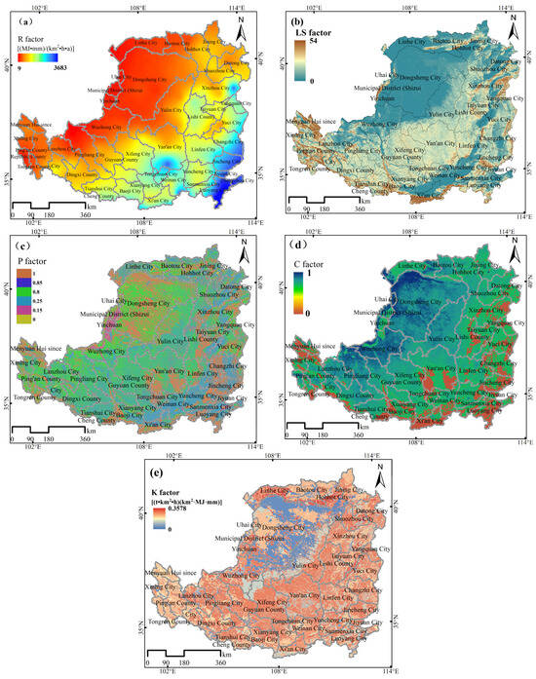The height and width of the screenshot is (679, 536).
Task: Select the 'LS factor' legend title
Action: [316, 31]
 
